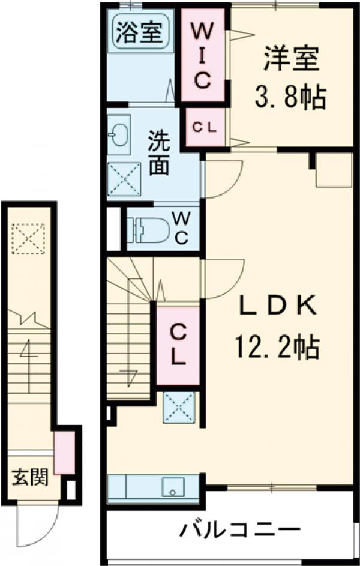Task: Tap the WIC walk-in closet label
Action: [x=203, y=55]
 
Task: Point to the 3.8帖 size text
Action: [x=291, y=97]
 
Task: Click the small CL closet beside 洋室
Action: [x=204, y=127]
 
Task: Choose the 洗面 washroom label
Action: [x=159, y=152]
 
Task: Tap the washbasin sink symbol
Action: [x=119, y=135]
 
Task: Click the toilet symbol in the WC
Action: [x=148, y=230]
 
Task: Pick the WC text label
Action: [x=181, y=228]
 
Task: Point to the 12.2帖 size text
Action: [x=277, y=347]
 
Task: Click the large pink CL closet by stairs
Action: [x=178, y=345]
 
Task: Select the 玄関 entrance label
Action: [x=31, y=477]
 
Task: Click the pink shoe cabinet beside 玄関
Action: [x=65, y=453]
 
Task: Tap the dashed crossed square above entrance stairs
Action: [x=28, y=238]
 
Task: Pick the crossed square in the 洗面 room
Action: [x=124, y=179]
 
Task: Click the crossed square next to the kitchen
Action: [x=179, y=408]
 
